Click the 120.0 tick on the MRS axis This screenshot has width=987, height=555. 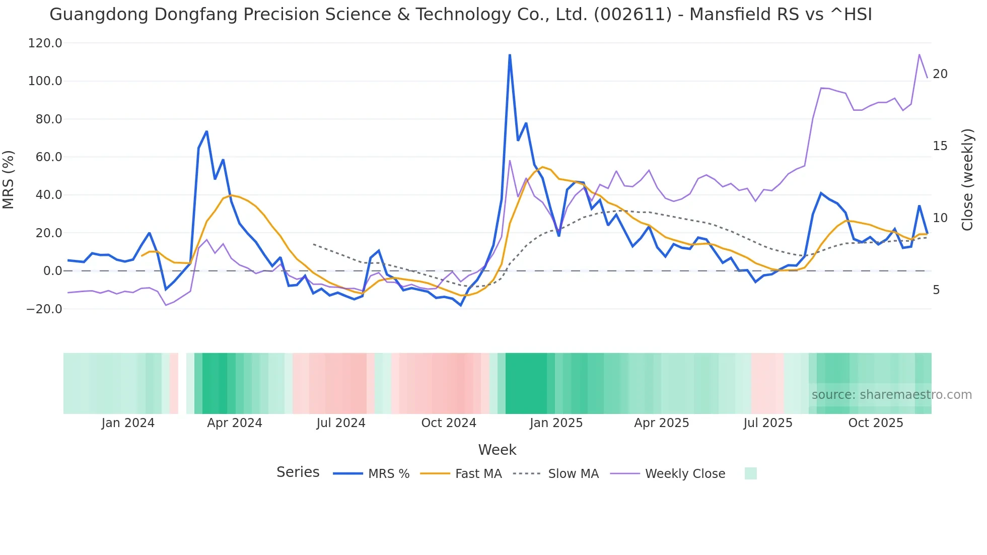[45, 43]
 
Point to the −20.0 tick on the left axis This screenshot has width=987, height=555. [44, 309]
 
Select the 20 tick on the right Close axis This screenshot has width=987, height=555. [940, 74]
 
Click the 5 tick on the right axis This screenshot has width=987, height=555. [936, 290]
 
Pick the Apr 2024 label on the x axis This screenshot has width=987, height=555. [234, 423]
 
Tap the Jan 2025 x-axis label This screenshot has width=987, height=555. [556, 423]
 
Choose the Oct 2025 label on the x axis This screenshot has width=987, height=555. [875, 423]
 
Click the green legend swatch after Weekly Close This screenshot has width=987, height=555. [750, 473]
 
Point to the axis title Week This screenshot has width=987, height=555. [497, 450]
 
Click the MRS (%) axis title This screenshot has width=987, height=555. [9, 180]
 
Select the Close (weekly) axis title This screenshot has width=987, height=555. [967, 180]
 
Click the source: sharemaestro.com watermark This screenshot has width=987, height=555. [891, 394]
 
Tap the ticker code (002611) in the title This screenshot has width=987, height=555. [632, 14]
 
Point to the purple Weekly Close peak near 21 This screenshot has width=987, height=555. [919, 54]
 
